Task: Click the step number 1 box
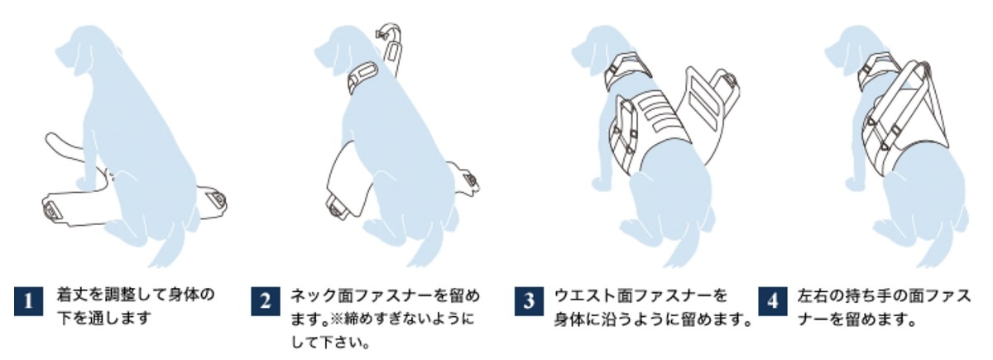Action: click(29, 301)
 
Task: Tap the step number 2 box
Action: click(266, 301)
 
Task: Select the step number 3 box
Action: click(529, 301)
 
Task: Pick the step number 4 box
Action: click(773, 301)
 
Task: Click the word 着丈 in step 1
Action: click(68, 295)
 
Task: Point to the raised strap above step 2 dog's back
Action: click(391, 49)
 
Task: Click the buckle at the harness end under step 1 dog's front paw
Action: click(53, 210)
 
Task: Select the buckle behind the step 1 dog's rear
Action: click(217, 199)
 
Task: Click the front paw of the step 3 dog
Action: click(599, 185)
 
